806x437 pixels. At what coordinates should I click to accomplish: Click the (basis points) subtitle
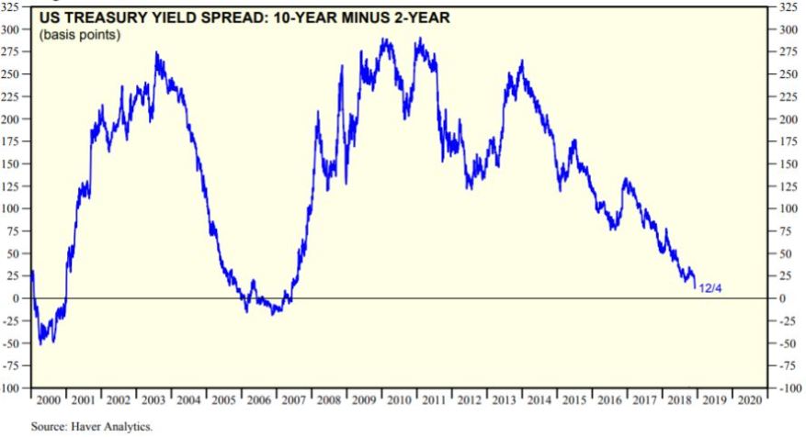(x=80, y=34)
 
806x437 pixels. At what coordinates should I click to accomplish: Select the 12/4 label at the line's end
(x=710, y=289)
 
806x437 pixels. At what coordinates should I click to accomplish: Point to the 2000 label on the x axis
(x=49, y=401)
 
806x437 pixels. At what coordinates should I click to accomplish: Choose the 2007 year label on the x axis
(x=294, y=401)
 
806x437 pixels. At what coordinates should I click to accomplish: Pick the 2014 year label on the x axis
(x=539, y=401)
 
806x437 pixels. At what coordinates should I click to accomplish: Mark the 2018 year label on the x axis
(x=679, y=401)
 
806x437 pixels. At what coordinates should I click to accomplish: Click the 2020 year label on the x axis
(x=749, y=401)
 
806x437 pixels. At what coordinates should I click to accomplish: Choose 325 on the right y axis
(x=789, y=7)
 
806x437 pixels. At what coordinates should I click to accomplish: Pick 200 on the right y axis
(x=789, y=120)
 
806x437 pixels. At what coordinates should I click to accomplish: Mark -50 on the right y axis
(x=789, y=344)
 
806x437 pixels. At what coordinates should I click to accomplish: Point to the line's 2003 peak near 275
(x=156, y=53)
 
